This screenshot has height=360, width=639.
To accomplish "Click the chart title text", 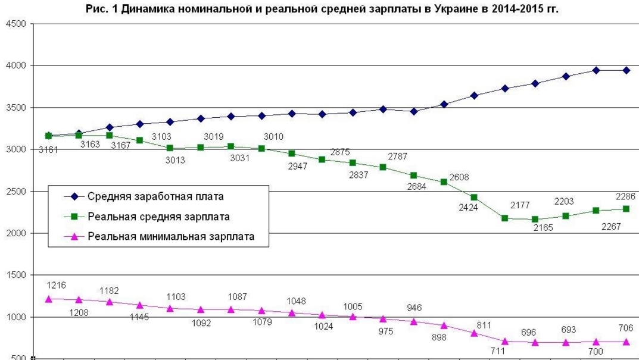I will (x=319, y=9).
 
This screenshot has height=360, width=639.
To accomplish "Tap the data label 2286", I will (x=625, y=196).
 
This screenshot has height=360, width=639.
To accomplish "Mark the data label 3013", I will (x=176, y=160).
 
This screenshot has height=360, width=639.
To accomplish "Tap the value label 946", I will (x=414, y=308).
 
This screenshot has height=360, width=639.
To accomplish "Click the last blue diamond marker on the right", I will (x=626, y=70).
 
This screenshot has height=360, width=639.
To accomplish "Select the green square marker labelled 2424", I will (x=473, y=197).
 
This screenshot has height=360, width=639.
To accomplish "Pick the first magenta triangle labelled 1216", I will (x=48, y=299).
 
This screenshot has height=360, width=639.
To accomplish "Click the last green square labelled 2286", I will (x=626, y=209).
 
